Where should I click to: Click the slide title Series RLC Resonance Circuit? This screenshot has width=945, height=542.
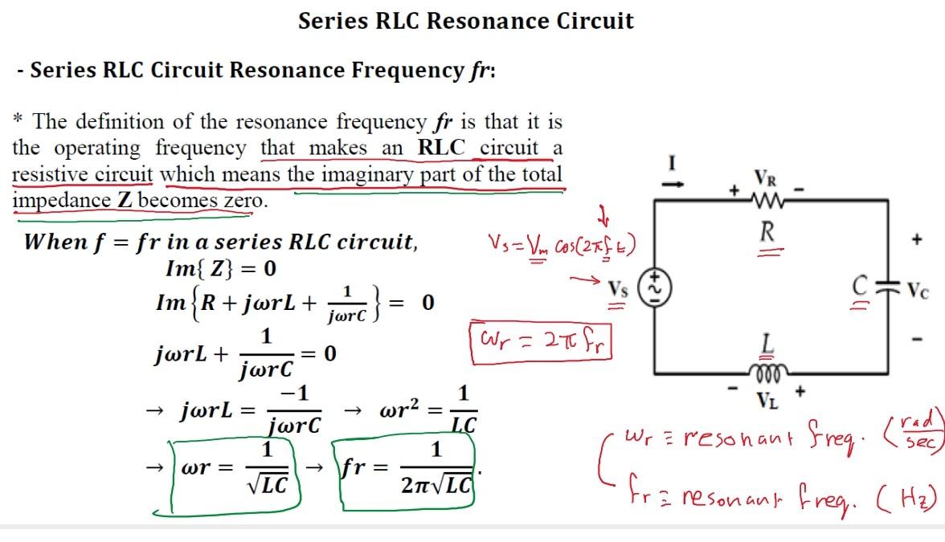click(466, 21)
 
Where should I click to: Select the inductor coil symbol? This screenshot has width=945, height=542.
click(768, 372)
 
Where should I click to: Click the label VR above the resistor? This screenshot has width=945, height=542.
click(767, 177)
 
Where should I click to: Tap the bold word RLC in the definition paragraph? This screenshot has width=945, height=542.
click(444, 148)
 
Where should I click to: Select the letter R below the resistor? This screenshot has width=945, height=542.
click(767, 232)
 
